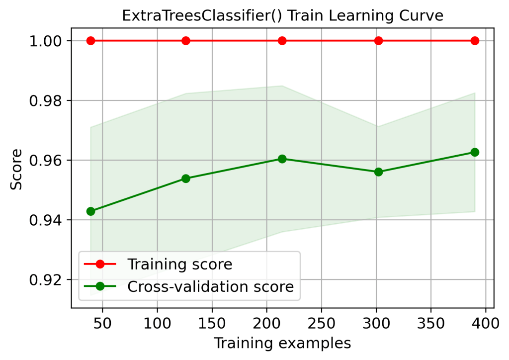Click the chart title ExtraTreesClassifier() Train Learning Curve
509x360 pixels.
click(x=282, y=16)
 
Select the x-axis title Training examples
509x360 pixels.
click(x=282, y=344)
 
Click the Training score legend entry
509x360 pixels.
click(x=179, y=264)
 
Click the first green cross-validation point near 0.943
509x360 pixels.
click(x=90, y=211)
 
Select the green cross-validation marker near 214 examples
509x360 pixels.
click(x=282, y=159)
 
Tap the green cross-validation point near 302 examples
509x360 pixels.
click(x=378, y=172)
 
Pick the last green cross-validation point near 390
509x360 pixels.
click(x=475, y=152)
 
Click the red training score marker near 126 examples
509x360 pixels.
click(x=186, y=41)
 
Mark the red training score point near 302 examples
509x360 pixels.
click(x=378, y=41)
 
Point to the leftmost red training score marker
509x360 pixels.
click(x=90, y=41)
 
